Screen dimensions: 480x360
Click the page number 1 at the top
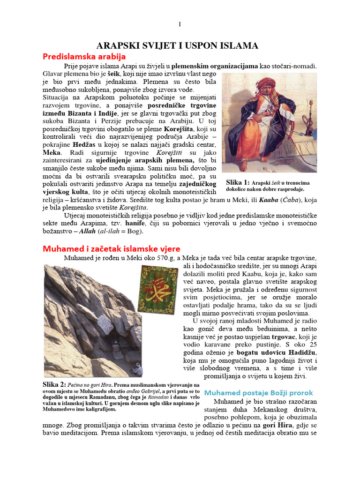point(180,24)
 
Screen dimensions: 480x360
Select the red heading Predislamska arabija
point(84,57)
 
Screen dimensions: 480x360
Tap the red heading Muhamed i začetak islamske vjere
point(112,248)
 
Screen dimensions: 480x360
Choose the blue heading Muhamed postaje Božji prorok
point(258,392)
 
